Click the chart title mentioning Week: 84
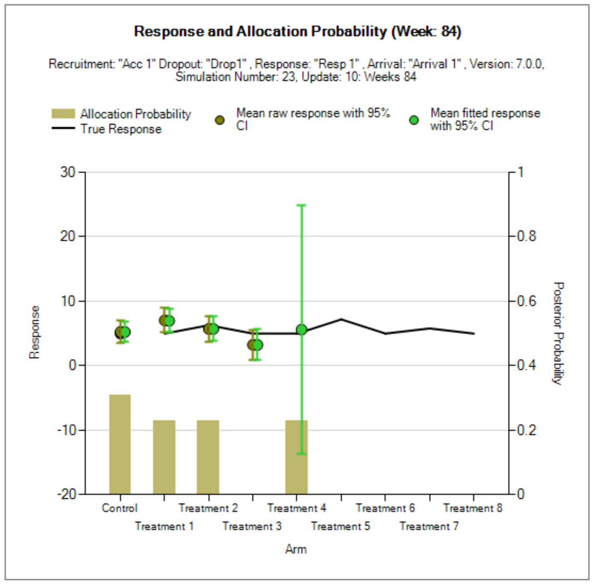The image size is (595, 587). coord(297,32)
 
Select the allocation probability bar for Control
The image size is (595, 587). coord(120,444)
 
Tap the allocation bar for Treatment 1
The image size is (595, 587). coord(164,457)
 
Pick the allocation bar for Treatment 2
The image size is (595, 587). coord(208,457)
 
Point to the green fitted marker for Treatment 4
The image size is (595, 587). coord(302,330)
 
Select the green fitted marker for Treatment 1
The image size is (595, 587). coord(169,321)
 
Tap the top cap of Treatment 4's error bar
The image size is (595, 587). coord(302,206)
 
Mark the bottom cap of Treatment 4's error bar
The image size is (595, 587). coord(302,453)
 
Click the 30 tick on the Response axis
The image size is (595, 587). coord(68,172)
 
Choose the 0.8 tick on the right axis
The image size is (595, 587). coord(526,236)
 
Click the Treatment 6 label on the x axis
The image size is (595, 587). coord(385,508)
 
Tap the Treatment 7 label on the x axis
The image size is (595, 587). coord(429,526)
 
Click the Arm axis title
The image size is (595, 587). coord(296,549)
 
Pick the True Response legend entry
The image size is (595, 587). coord(121,129)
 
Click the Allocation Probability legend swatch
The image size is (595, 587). coord(63,113)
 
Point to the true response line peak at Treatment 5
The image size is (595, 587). coord(341,319)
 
